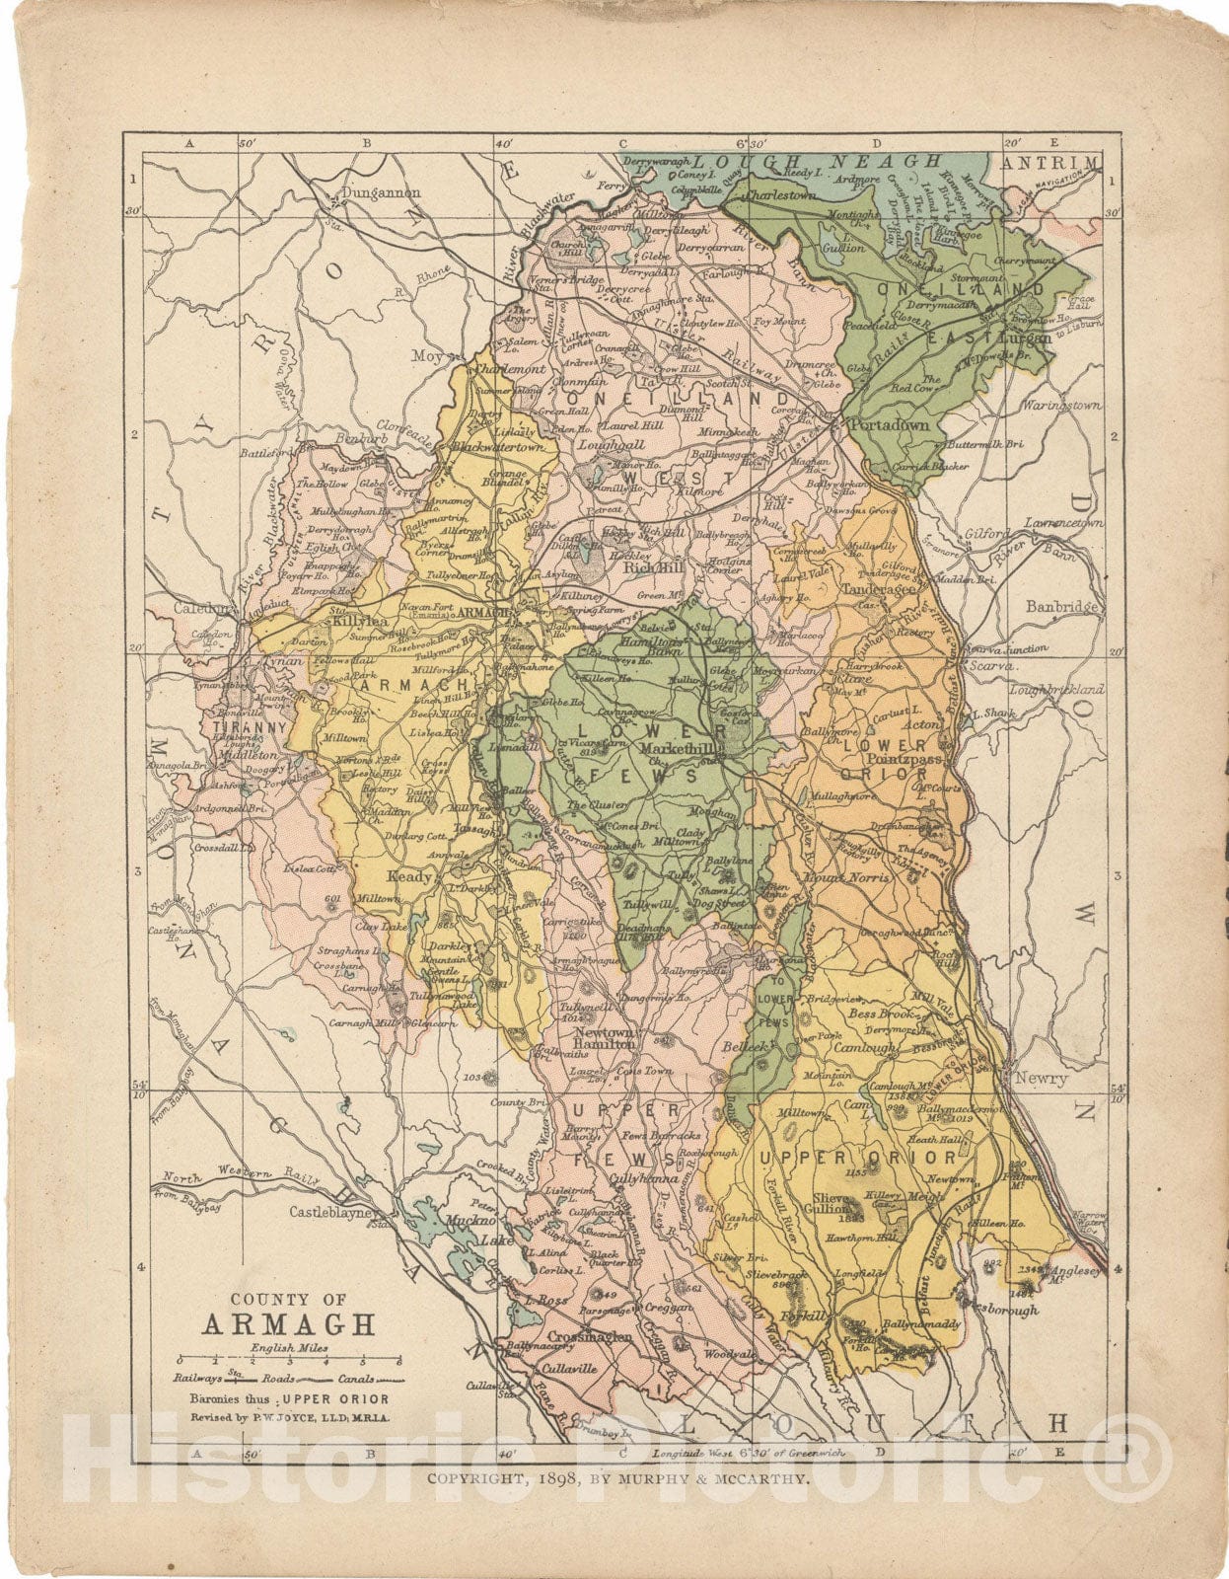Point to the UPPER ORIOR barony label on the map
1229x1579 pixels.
[x=856, y=1157]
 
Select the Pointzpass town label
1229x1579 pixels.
[x=895, y=761]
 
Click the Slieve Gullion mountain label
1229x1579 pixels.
[x=835, y=1203]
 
